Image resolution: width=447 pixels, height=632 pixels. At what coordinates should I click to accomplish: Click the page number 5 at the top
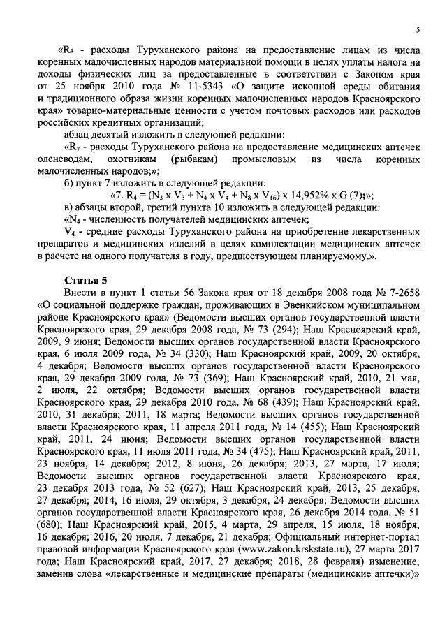click(x=416, y=30)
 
